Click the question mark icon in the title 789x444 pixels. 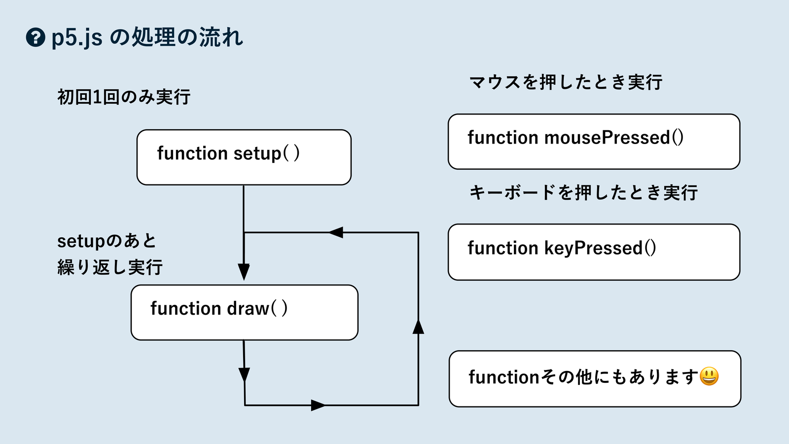tap(36, 37)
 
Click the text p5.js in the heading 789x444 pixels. tap(77, 38)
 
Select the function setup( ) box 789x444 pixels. tap(244, 157)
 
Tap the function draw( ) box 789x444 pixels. tap(244, 312)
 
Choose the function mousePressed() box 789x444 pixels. tap(594, 142)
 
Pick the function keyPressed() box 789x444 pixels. tap(594, 252)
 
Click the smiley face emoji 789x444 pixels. tap(709, 376)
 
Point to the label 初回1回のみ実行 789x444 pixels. tap(124, 97)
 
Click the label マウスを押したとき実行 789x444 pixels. tap(566, 82)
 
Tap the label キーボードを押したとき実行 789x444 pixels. tap(583, 192)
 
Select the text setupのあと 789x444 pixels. tap(107, 241)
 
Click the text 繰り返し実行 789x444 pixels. tap(110, 267)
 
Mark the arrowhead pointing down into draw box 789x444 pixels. tap(244, 272)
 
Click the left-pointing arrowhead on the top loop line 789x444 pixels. tap(336, 232)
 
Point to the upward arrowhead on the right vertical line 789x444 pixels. tap(418, 327)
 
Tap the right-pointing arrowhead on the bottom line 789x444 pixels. tap(318, 406)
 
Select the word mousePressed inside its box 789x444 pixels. tap(607, 138)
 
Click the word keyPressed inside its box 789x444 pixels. tap(593, 248)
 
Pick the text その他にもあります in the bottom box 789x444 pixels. tap(620, 377)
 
